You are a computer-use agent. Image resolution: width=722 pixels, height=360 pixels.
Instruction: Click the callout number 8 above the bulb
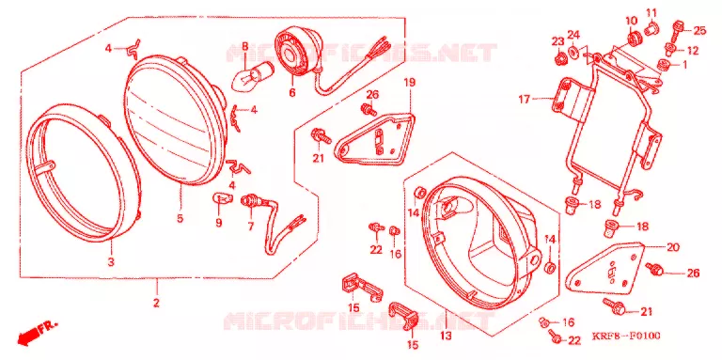[245, 46]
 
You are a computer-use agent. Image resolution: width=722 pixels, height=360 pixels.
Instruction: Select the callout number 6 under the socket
[292, 92]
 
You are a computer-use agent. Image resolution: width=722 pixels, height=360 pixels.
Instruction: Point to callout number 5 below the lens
[180, 218]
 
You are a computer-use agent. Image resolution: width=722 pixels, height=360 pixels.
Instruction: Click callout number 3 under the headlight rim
[111, 262]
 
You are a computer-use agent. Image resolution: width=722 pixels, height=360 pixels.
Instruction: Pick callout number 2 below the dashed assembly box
[156, 303]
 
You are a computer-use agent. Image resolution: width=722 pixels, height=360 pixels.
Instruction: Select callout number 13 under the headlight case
[446, 337]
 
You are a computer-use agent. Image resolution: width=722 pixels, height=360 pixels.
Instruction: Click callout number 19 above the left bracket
[409, 83]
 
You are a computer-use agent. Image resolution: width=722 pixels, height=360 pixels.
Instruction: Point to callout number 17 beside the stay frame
[525, 99]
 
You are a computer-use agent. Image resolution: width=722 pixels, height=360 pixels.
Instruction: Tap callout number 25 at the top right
[699, 31]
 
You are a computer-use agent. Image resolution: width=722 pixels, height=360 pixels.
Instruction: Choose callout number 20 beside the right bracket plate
[673, 247]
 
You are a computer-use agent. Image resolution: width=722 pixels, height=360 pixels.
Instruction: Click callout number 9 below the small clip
[219, 223]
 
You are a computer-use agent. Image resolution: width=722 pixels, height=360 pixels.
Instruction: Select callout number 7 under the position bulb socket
[251, 226]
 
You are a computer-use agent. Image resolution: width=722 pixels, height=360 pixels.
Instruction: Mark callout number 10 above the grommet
[631, 21]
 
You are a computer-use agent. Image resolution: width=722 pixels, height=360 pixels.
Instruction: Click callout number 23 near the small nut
[558, 41]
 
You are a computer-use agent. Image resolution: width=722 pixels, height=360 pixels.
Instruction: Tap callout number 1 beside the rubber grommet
[684, 65]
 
